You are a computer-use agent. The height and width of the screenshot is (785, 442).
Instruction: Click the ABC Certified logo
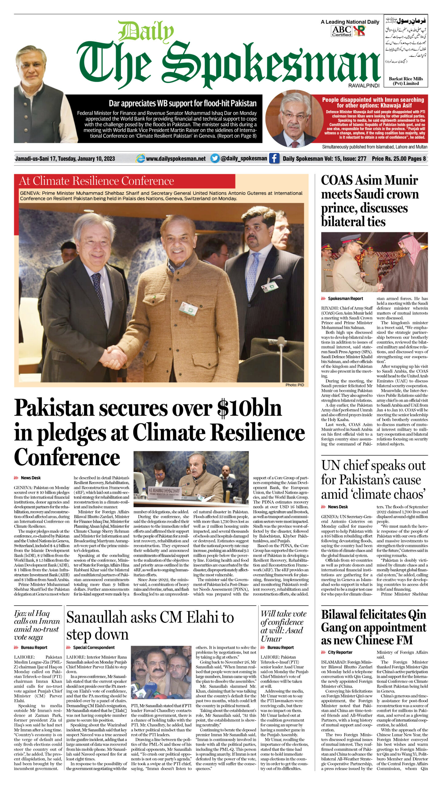[342, 31]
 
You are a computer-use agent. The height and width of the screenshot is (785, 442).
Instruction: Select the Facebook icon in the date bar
[274, 159]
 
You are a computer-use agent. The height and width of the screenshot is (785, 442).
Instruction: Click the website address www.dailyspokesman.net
[176, 159]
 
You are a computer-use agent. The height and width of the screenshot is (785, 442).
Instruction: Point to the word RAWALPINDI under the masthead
[364, 86]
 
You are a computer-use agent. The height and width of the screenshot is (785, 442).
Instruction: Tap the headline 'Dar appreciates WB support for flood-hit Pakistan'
[183, 103]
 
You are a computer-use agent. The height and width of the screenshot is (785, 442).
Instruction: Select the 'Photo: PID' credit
[295, 385]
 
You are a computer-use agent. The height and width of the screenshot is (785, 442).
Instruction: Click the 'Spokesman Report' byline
[345, 298]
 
